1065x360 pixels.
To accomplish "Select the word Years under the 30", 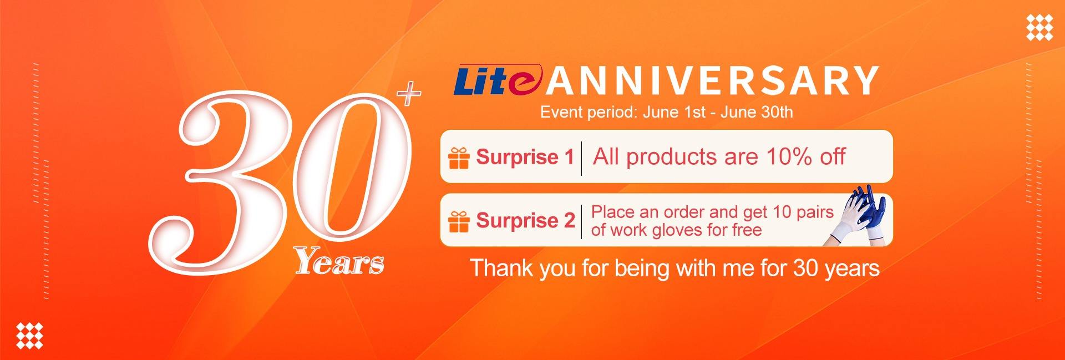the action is click(339, 262).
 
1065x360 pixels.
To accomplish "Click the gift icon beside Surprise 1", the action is click(459, 158).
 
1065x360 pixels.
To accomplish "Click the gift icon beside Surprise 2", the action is click(459, 221).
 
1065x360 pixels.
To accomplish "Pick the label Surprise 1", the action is click(525, 158).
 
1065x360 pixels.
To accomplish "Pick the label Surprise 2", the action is click(525, 221).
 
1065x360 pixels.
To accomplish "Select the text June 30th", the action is click(757, 113).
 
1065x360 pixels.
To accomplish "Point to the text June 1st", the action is click(674, 113).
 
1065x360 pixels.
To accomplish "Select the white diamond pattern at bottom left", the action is click(29, 335).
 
